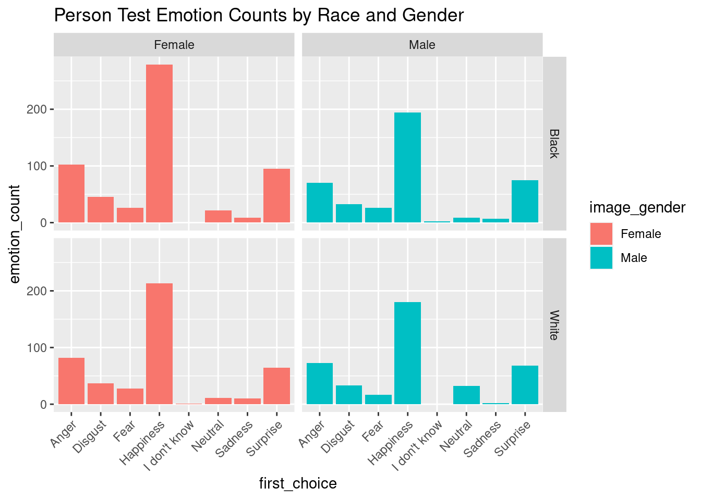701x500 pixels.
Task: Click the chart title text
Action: tap(259, 16)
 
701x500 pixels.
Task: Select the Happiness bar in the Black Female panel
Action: tap(159, 144)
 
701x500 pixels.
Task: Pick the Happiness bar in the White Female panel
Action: tap(159, 344)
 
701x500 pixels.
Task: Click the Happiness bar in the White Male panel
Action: tap(407, 353)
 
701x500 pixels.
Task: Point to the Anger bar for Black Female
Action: tap(71, 194)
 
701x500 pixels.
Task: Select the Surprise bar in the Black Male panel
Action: tap(525, 202)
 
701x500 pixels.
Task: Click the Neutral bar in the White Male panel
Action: tap(466, 395)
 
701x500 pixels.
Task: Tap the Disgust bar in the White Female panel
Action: tap(101, 394)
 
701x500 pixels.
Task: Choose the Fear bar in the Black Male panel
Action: tap(378, 215)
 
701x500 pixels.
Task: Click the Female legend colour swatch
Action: tap(601, 234)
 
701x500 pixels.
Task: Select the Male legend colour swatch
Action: tap(601, 258)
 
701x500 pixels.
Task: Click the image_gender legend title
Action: tap(637, 208)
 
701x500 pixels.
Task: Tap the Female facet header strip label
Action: tap(174, 45)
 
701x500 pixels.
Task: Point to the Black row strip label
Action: tap(554, 143)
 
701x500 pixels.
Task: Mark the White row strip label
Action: tap(554, 325)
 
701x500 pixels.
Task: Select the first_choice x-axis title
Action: tap(298, 483)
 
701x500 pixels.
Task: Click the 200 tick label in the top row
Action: tap(38, 109)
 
